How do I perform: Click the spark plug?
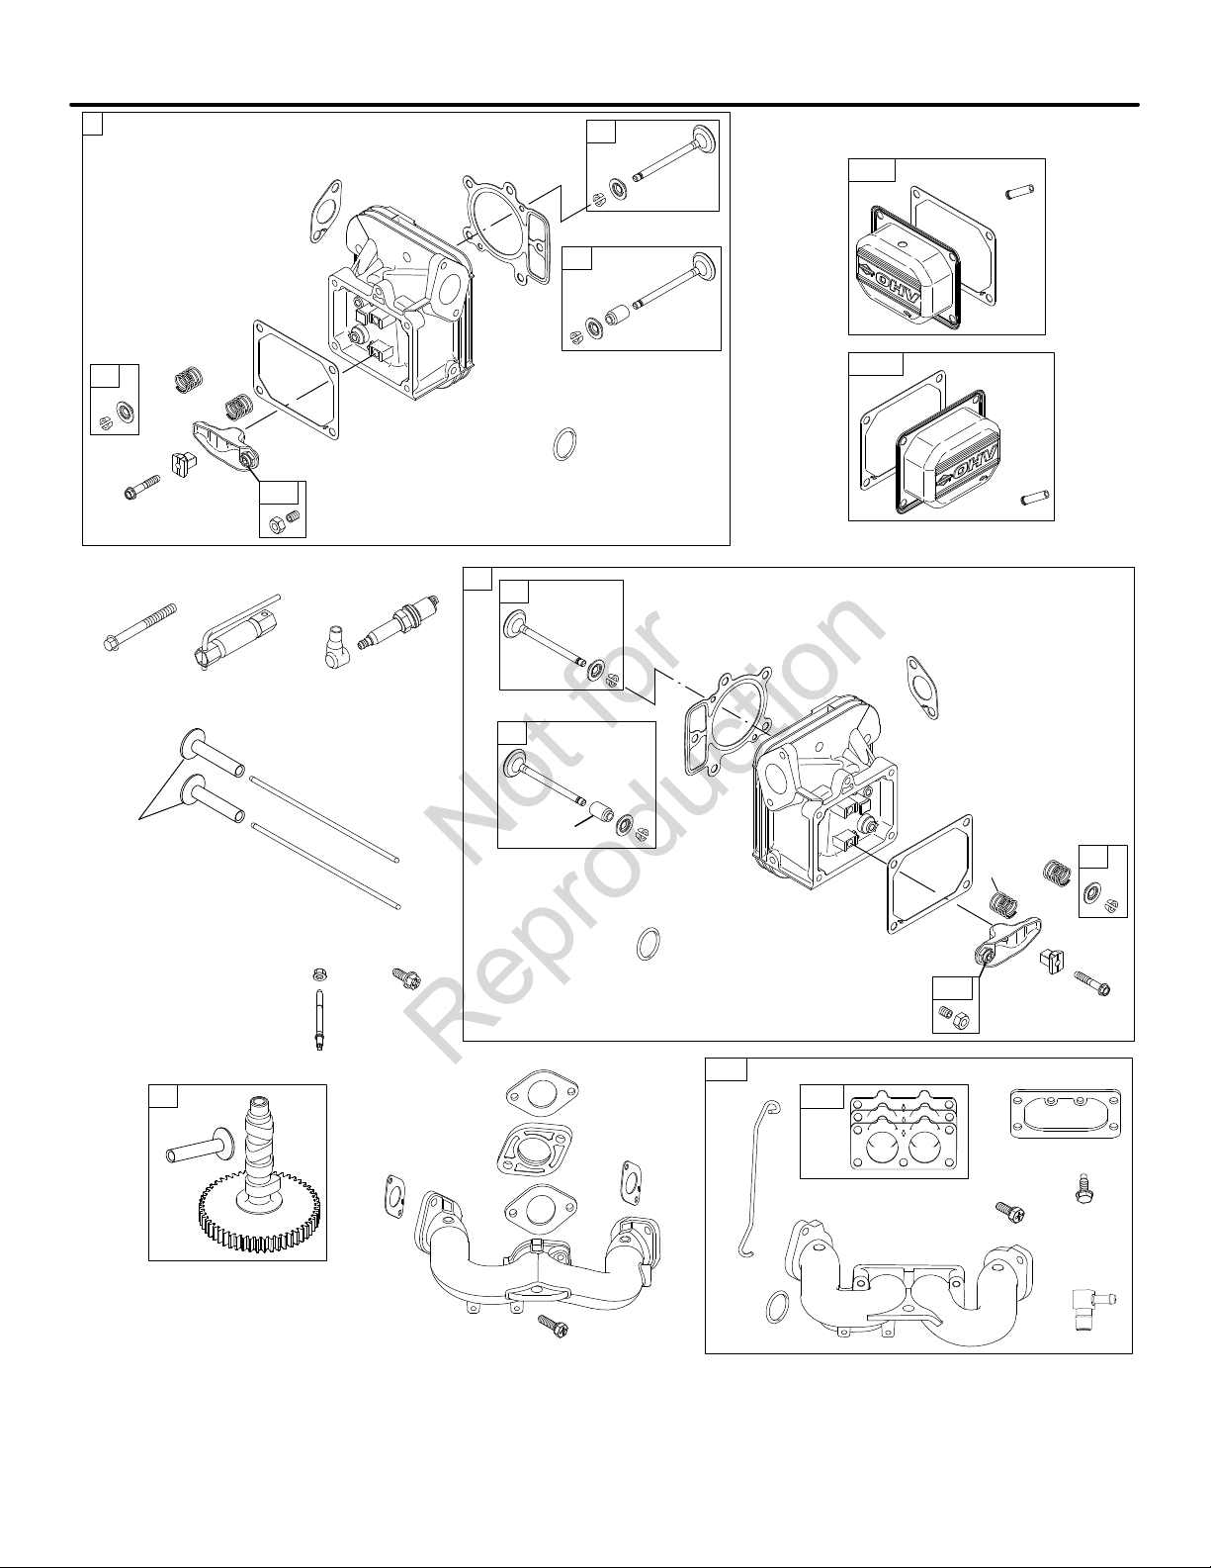pos(401,622)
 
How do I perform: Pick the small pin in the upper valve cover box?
pos(1020,192)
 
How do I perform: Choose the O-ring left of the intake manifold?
pos(776,1307)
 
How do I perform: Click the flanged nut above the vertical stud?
pos(318,975)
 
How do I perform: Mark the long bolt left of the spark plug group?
pos(139,624)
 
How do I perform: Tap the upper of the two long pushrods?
pos(323,817)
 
